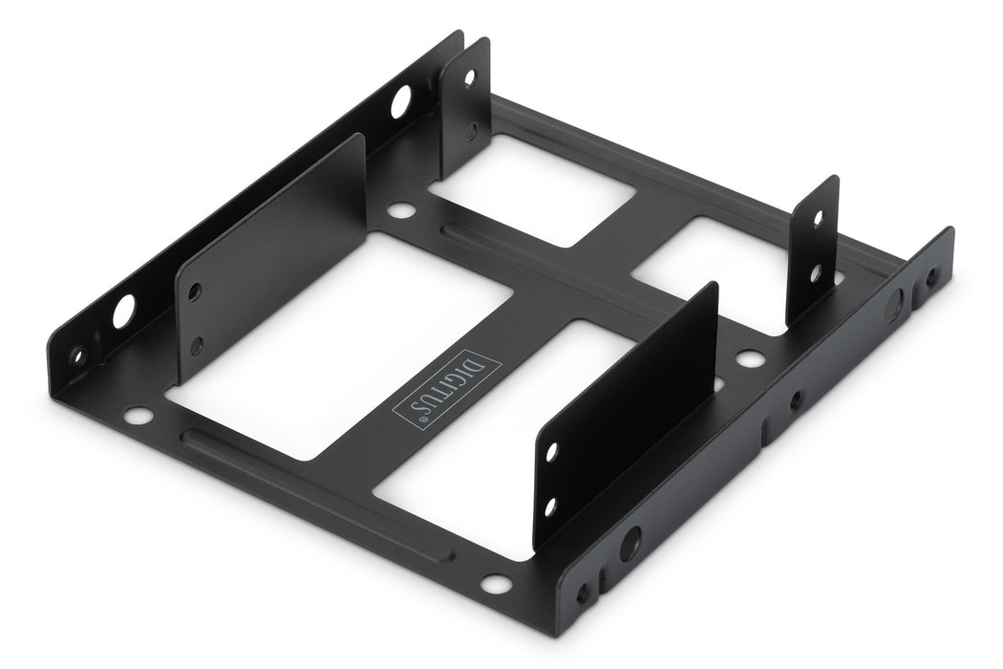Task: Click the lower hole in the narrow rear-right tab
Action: pyautogui.click(x=815, y=274)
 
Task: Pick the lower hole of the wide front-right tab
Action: pyautogui.click(x=550, y=507)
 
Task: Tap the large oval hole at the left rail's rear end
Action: pyautogui.click(x=401, y=100)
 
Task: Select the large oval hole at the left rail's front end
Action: pyautogui.click(x=124, y=312)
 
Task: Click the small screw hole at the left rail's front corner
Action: pyautogui.click(x=78, y=356)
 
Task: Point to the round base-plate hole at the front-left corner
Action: pyautogui.click(x=138, y=417)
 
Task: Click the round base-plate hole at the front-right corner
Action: pyautogui.click(x=494, y=583)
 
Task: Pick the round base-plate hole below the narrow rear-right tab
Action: pyautogui.click(x=751, y=360)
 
